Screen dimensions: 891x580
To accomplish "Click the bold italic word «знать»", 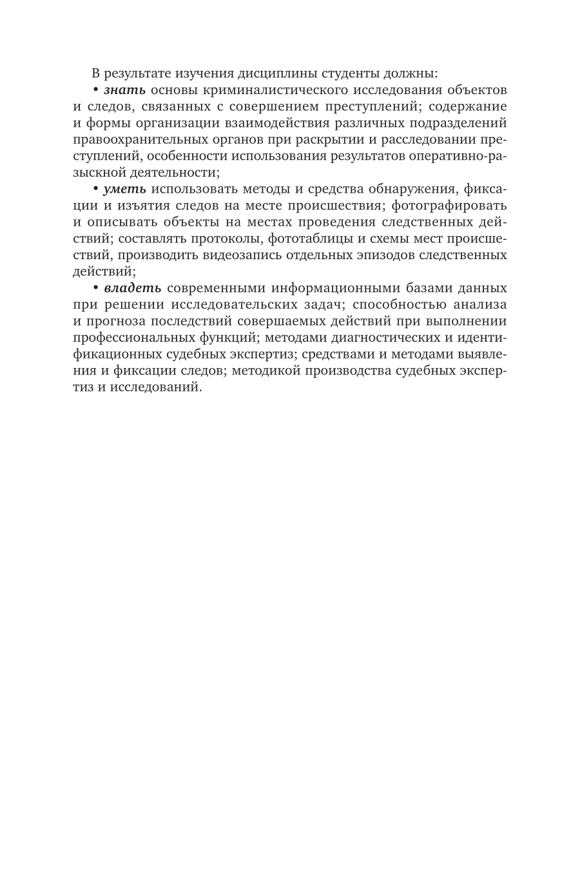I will coord(124,89).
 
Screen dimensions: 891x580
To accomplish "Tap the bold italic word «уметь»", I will coord(126,188).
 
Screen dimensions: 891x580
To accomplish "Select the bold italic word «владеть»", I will coord(132,288).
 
